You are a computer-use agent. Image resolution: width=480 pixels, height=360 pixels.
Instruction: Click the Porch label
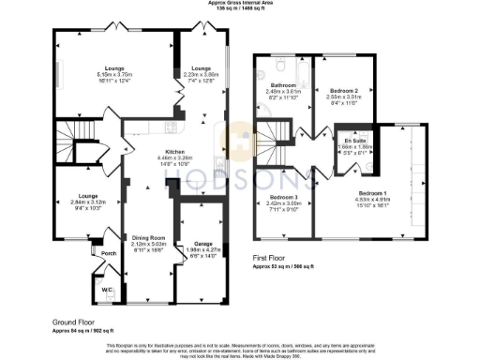coord(109,253)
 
